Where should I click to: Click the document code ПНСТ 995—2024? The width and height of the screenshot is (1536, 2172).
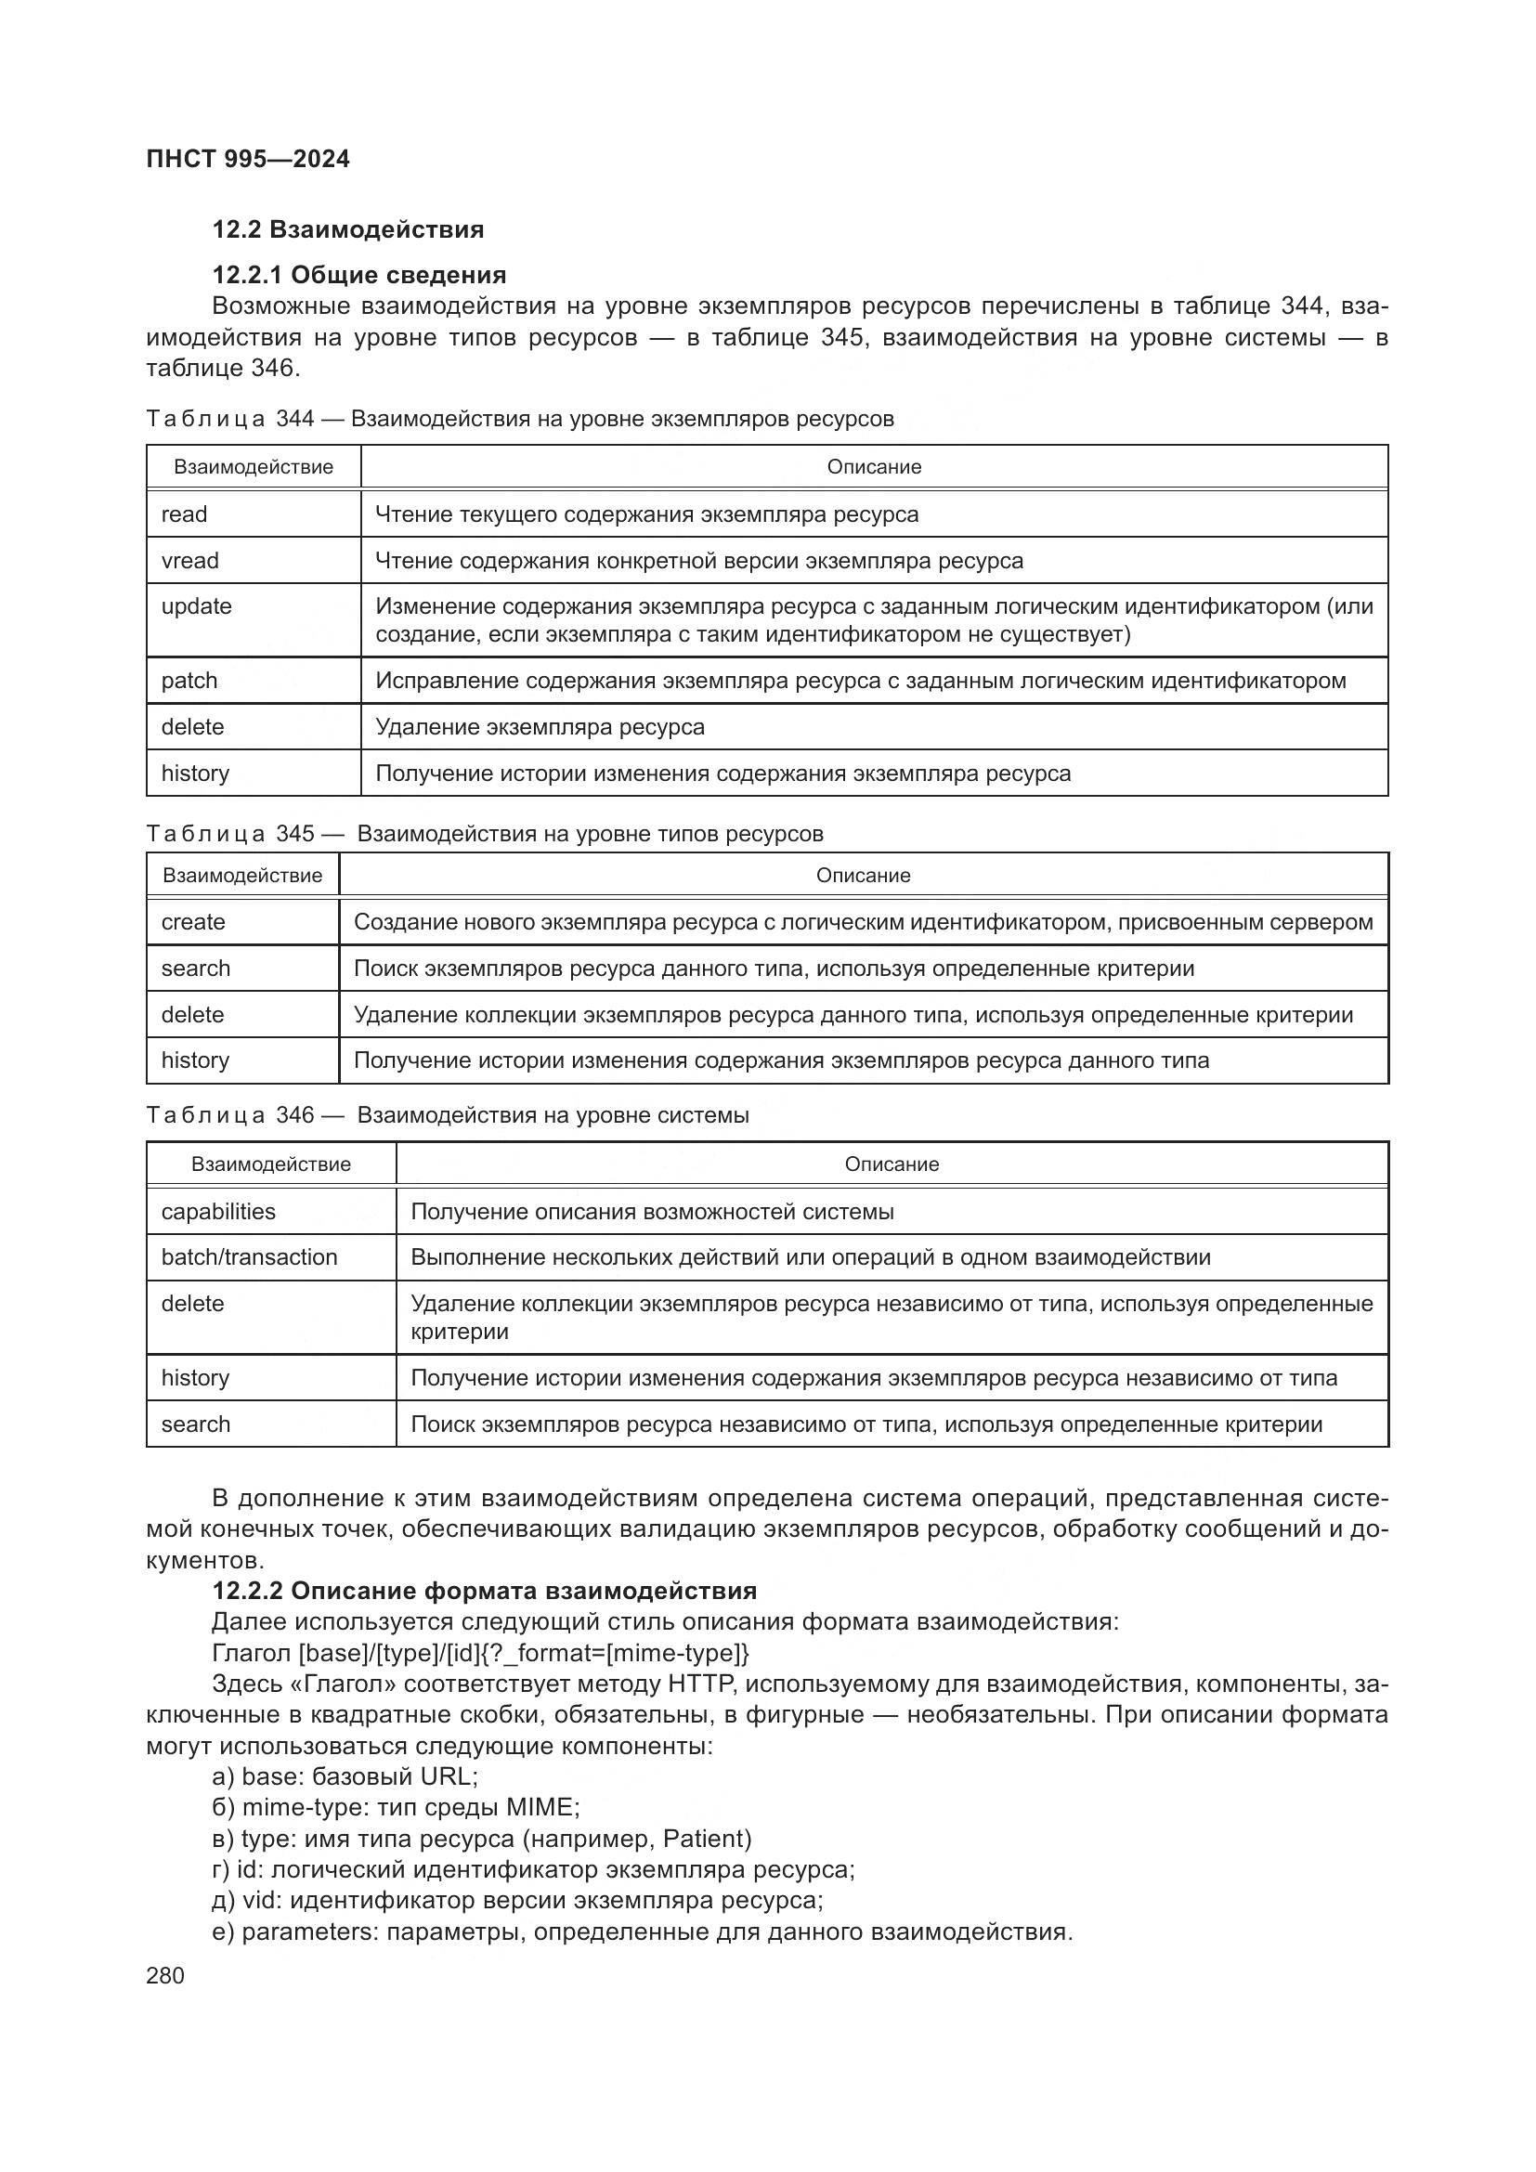(248, 159)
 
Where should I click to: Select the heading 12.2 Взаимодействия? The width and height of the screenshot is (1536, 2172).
(347, 229)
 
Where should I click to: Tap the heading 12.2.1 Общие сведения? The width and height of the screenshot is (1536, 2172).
(358, 274)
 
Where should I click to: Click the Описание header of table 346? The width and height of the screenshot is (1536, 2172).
(891, 1164)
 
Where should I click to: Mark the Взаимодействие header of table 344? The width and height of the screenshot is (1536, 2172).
(253, 466)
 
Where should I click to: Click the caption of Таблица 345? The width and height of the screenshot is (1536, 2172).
(484, 833)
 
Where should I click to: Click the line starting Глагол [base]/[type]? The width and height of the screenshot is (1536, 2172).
(479, 1653)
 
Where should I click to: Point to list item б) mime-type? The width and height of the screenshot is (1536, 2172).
(396, 1807)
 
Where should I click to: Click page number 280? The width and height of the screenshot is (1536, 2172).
(165, 1975)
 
